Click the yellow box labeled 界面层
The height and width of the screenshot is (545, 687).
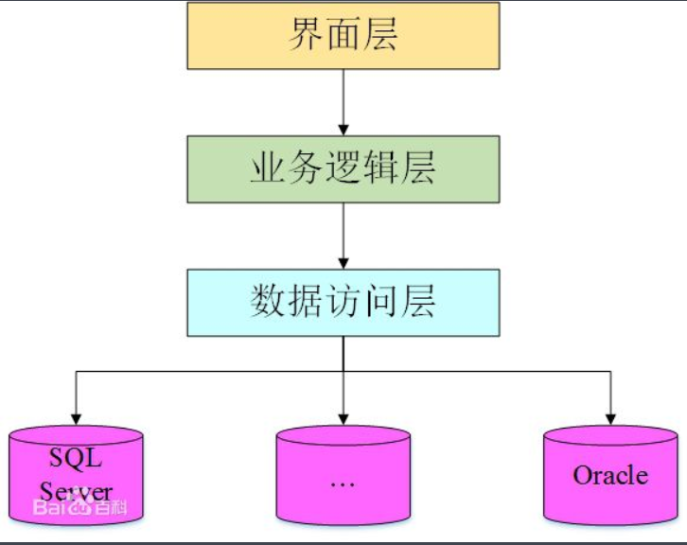pyautogui.click(x=343, y=36)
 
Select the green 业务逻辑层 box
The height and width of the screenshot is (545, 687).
pyautogui.click(x=343, y=168)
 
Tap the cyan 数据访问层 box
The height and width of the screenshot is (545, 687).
pyautogui.click(x=343, y=303)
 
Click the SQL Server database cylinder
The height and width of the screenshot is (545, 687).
pyautogui.click(x=76, y=473)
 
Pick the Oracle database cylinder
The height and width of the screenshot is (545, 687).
pyautogui.click(x=610, y=473)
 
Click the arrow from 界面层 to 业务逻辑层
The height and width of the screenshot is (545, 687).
pyautogui.click(x=343, y=101)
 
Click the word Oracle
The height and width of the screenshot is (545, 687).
pyautogui.click(x=610, y=474)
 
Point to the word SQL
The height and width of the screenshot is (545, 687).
pyautogui.click(x=76, y=459)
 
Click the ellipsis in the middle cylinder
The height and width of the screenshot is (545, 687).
pyautogui.click(x=342, y=483)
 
